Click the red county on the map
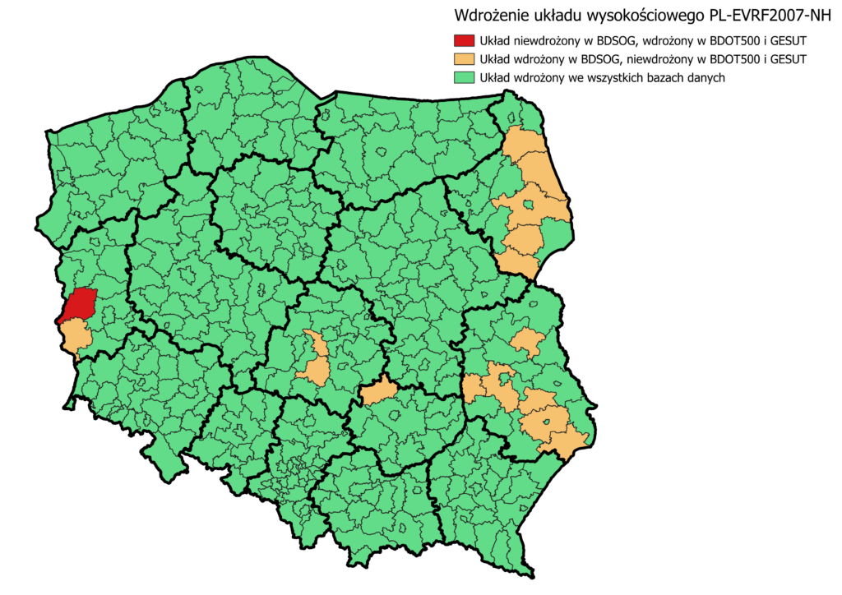click(x=80, y=305)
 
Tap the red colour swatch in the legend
click(x=465, y=39)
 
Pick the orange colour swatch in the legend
click(x=465, y=58)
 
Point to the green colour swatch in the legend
click(x=465, y=77)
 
